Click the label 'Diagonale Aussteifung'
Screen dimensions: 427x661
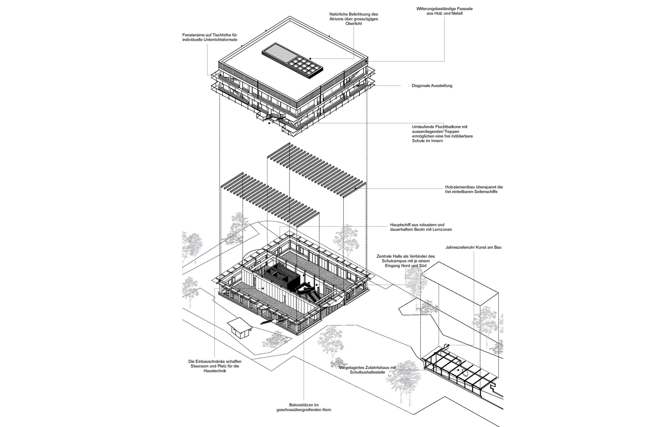pyautogui.click(x=432, y=86)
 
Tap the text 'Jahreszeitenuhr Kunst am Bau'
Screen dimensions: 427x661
pyautogui.click(x=473, y=247)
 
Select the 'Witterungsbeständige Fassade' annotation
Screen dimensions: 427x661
pyautogui.click(x=444, y=9)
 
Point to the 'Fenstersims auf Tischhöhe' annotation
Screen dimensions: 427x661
pyautogui.click(x=210, y=35)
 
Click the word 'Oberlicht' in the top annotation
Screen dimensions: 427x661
pyautogui.click(x=354, y=24)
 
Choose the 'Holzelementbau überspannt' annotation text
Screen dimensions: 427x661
pyautogui.click(x=474, y=187)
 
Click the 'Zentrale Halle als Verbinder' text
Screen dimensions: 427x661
pyautogui.click(x=405, y=256)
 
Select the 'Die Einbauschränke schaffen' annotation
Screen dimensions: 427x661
pyautogui.click(x=215, y=361)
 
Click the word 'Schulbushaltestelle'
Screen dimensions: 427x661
pyautogui.click(x=367, y=372)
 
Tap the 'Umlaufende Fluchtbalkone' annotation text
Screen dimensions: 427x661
pyautogui.click(x=440, y=127)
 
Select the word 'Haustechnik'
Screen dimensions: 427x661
pyautogui.click(x=215, y=371)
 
